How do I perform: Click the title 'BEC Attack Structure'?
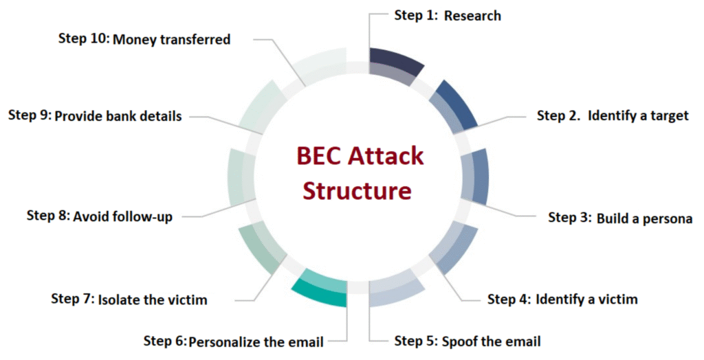tap(359, 173)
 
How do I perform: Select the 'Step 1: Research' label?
tap(448, 15)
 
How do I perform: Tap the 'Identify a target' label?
tap(638, 116)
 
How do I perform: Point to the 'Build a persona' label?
tap(644, 218)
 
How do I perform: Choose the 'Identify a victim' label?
tap(586, 299)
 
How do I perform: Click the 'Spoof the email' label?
tap(491, 341)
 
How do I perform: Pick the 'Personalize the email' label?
tap(256, 342)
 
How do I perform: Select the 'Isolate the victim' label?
tap(153, 300)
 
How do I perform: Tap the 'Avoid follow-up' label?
tap(122, 217)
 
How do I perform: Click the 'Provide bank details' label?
tap(118, 116)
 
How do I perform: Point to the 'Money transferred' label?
tap(171, 39)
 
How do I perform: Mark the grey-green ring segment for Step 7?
tap(262, 249)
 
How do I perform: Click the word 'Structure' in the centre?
tap(357, 190)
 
